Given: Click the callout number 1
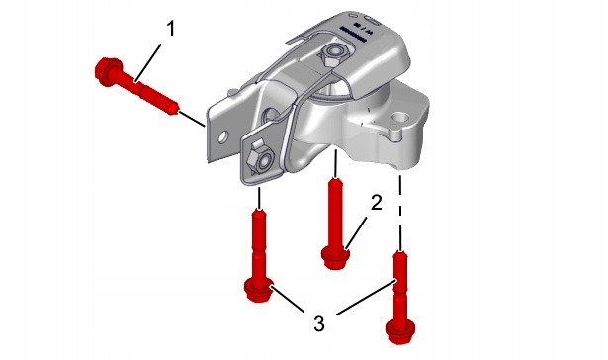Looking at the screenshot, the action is pyautogui.click(x=171, y=29).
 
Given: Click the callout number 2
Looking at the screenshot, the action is pyautogui.click(x=376, y=202).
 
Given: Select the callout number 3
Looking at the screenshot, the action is pyautogui.click(x=318, y=323).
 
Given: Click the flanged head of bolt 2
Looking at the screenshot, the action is pyautogui.click(x=336, y=258).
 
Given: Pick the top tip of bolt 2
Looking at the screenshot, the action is pyautogui.click(x=336, y=179).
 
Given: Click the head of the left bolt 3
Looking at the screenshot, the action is pyautogui.click(x=259, y=290).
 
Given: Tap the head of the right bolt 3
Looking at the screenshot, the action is pyautogui.click(x=400, y=333).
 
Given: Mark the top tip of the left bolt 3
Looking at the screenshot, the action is pyautogui.click(x=259, y=210).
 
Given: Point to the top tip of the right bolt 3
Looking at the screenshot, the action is pyautogui.click(x=399, y=252).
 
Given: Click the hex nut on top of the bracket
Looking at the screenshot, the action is pyautogui.click(x=333, y=52).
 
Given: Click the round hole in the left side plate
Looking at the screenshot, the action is pyautogui.click(x=223, y=136).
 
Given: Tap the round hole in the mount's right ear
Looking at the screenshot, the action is pyautogui.click(x=401, y=117).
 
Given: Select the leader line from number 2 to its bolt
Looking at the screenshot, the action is pyautogui.click(x=356, y=233).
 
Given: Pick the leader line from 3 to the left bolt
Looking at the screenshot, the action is pyautogui.click(x=288, y=299).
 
